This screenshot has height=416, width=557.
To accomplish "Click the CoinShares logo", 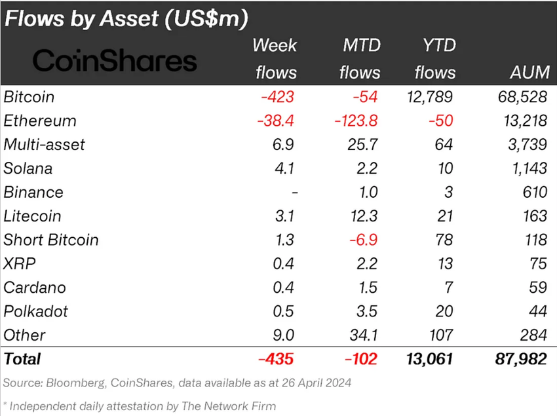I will click(115, 61).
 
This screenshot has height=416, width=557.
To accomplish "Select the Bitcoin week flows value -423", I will click(278, 98).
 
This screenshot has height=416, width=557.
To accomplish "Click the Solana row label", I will click(28, 168).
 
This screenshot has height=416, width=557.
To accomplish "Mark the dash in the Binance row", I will click(294, 193).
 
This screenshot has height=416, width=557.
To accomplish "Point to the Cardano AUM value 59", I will click(538, 287).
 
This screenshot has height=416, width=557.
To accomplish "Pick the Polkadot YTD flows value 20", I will click(446, 311).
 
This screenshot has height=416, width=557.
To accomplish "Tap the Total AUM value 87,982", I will click(520, 359).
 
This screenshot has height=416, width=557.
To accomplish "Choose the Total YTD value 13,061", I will click(427, 359).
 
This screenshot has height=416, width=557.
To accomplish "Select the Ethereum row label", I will click(40, 121).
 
